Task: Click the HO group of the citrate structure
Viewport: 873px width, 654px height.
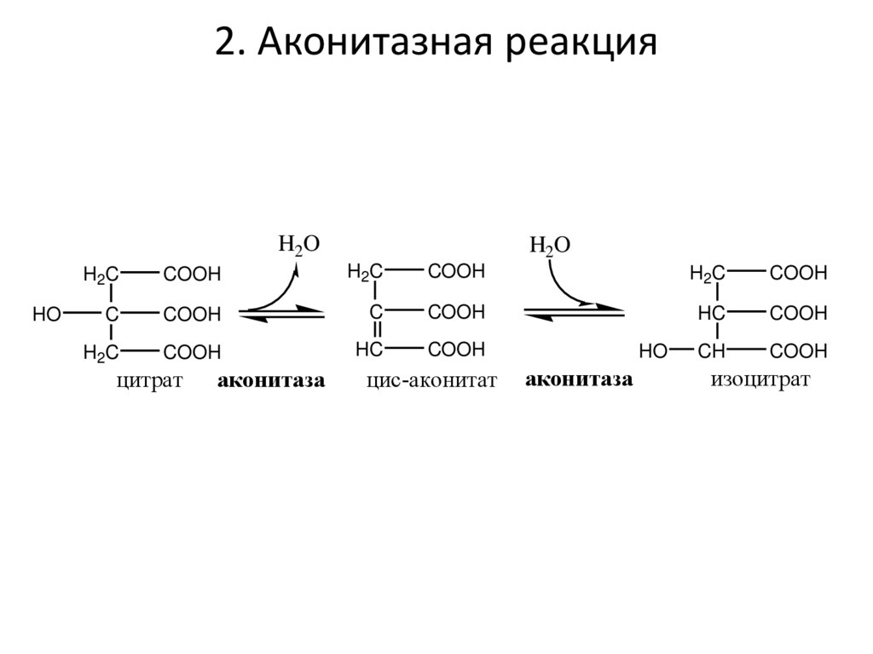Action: click(x=47, y=315)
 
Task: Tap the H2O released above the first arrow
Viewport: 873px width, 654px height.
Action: click(x=299, y=244)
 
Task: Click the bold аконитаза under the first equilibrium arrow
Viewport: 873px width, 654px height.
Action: click(x=272, y=381)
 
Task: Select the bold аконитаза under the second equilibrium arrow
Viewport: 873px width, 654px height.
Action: click(x=579, y=379)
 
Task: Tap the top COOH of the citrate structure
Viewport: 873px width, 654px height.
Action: click(x=192, y=275)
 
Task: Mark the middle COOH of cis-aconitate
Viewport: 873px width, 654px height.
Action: click(x=456, y=312)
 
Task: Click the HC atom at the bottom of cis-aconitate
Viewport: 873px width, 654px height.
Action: click(x=368, y=350)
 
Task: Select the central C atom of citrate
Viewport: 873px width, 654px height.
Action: click(x=111, y=315)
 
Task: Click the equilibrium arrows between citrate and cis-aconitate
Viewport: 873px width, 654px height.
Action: click(x=282, y=314)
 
